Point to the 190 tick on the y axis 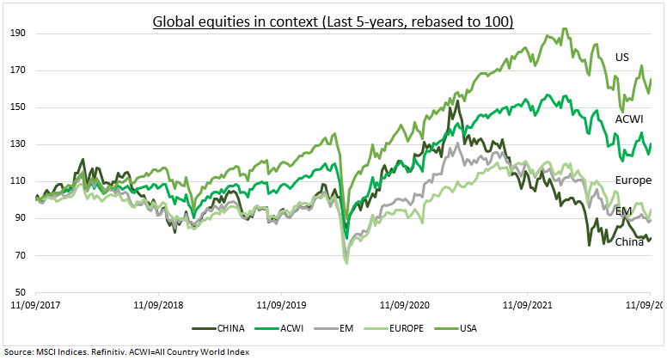coord(17,34)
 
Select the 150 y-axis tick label coord(17,107)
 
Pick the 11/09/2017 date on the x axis coord(37,305)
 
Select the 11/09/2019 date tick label coord(282,305)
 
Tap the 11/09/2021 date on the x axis coord(527,305)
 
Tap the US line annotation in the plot coord(622,58)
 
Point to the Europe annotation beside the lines coord(633,180)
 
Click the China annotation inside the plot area coord(629,242)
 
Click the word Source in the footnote coord(19,351)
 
